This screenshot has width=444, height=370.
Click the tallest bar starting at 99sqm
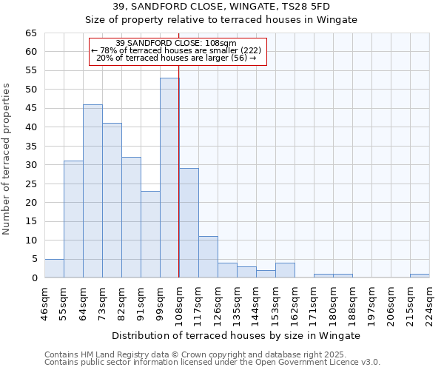pos(169,178)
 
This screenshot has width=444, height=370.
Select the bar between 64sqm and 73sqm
pos(92,191)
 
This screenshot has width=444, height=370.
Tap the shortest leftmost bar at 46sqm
pos(54,269)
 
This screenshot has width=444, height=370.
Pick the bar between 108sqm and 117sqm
pos(189,223)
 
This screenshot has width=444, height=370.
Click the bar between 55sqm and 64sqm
pos(73,219)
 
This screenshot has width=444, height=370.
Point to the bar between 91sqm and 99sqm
pos(150,235)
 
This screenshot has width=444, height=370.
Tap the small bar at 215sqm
pos(420,276)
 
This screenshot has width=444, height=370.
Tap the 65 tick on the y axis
pos(30,33)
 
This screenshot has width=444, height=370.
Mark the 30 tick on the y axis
pos(30,165)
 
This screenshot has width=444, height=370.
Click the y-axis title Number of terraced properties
pos(7,159)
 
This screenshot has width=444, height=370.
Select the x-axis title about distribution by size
pos(236,335)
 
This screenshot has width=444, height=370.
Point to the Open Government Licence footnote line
pos(212,363)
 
